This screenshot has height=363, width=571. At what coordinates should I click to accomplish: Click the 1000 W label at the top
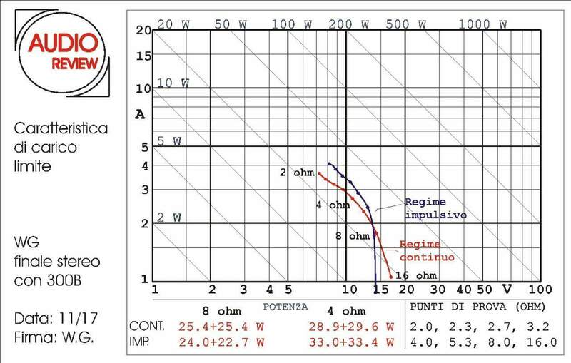coord(483,24)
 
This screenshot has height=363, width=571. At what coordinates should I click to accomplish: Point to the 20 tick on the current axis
coord(141,30)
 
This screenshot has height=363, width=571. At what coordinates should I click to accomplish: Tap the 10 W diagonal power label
coord(173,83)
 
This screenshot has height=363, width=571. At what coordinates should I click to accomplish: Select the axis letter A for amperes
coord(141,113)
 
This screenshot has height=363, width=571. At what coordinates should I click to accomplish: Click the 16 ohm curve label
coord(415,275)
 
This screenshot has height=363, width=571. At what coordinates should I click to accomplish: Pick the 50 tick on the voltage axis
coord(485,290)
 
